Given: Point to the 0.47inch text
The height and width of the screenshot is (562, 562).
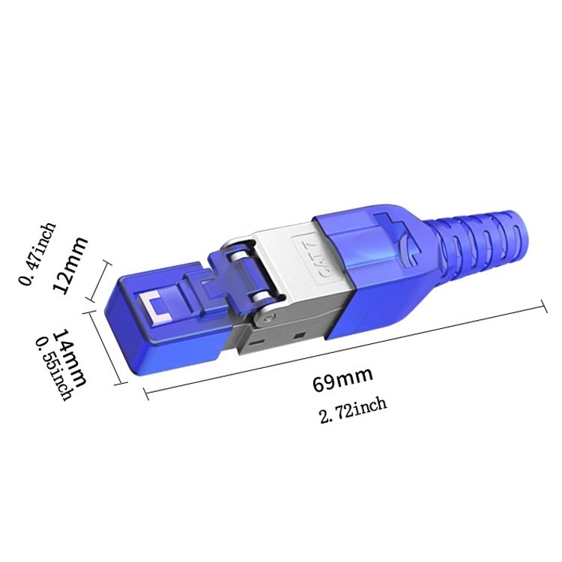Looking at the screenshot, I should click(37, 253).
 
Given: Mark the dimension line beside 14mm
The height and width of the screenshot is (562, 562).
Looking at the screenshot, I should click(106, 348).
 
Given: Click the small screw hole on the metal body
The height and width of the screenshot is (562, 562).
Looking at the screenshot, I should click(265, 318).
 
